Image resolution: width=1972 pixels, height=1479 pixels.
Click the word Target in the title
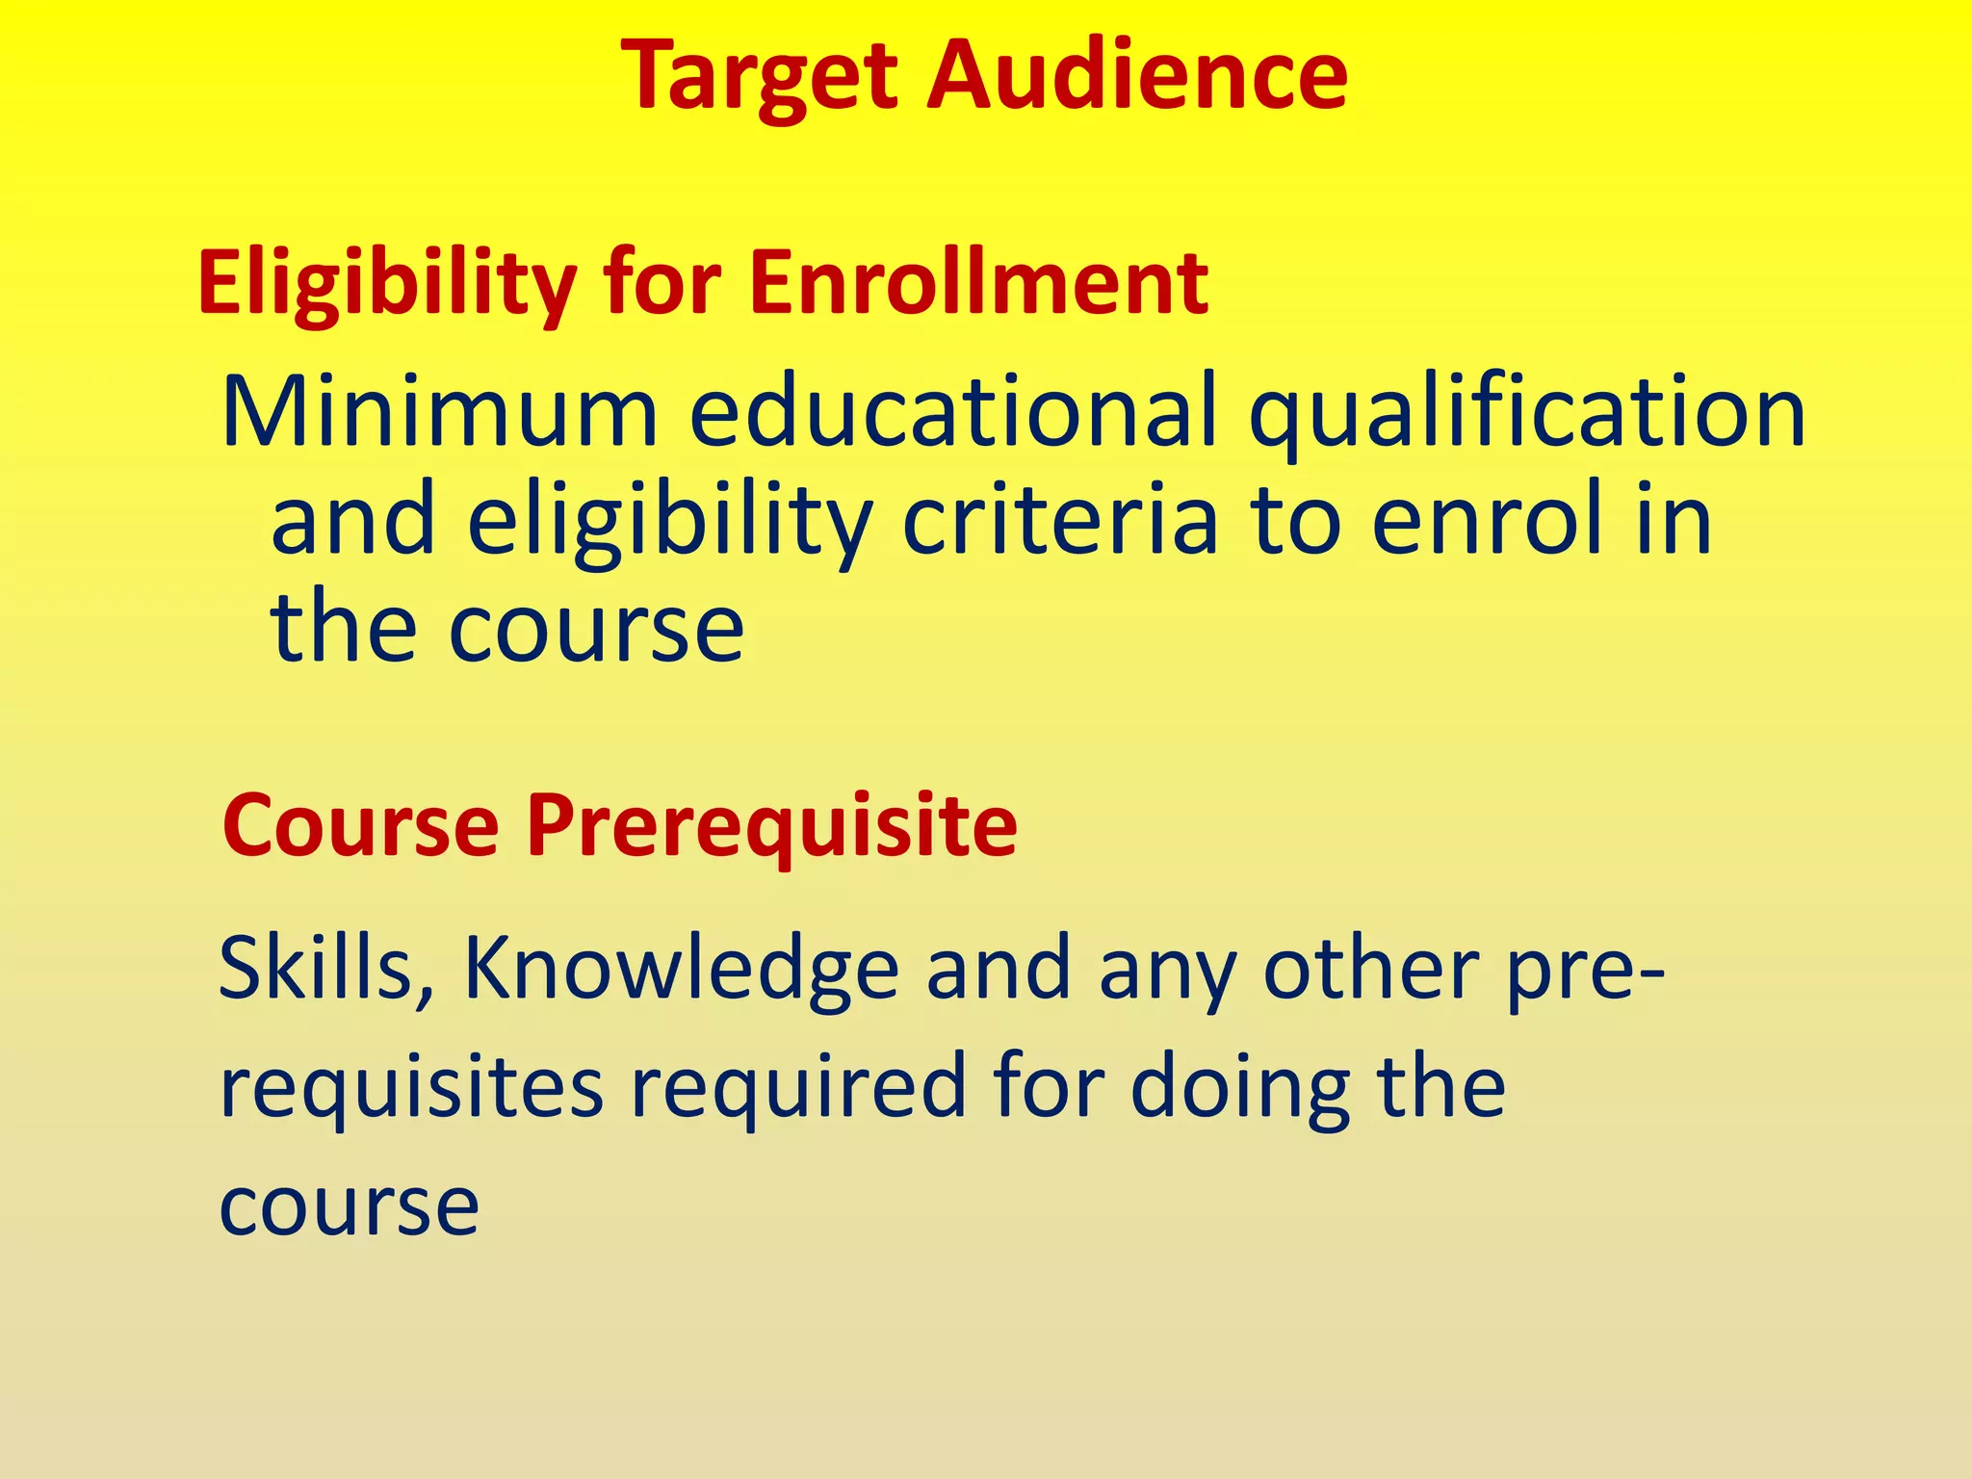[762, 77]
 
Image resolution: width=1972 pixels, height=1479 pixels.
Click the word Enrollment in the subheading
[978, 283]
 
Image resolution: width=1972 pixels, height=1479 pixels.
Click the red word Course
[360, 826]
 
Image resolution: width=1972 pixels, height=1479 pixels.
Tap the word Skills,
[328, 969]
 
